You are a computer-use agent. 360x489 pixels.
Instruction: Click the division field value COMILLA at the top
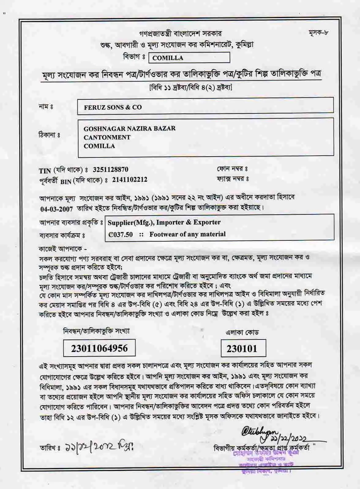click(x=168, y=58)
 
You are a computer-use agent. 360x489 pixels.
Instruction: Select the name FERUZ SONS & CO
click(x=113, y=107)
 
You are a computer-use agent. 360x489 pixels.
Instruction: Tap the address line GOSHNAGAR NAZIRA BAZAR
click(x=129, y=128)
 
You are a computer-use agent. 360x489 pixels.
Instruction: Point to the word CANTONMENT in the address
click(x=107, y=137)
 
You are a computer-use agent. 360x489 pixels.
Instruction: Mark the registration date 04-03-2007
click(x=57, y=209)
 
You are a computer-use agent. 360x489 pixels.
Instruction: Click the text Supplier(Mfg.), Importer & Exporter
click(x=164, y=222)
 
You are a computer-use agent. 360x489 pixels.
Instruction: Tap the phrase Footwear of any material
click(x=187, y=235)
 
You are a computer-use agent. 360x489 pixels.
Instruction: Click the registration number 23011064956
click(x=99, y=348)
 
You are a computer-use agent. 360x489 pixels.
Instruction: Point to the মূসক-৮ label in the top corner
click(x=318, y=33)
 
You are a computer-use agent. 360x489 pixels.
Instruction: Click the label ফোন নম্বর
click(x=232, y=169)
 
